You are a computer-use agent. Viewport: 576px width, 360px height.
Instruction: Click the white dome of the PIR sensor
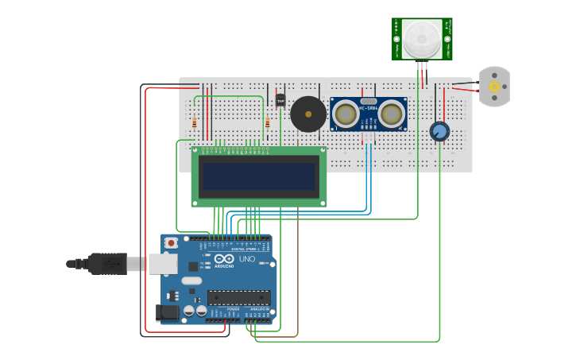click(x=421, y=38)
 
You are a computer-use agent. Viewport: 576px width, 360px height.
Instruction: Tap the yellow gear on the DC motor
click(x=494, y=87)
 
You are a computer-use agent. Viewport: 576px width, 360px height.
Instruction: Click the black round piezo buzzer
click(x=307, y=114)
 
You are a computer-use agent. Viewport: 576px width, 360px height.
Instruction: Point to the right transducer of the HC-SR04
click(x=391, y=114)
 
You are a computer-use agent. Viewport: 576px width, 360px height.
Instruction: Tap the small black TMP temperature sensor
click(x=280, y=100)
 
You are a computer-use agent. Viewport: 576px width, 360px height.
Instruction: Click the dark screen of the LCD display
click(x=258, y=176)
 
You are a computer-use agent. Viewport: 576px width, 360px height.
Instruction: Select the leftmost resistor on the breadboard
click(x=195, y=123)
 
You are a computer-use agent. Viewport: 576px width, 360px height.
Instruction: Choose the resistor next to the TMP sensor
click(x=268, y=123)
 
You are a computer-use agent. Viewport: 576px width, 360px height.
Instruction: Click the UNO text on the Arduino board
click(x=247, y=259)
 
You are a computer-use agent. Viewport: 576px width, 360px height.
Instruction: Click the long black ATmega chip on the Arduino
click(x=238, y=297)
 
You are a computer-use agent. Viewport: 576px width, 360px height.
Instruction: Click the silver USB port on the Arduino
click(x=163, y=264)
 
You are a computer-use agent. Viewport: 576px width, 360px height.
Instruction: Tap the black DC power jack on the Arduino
click(x=168, y=313)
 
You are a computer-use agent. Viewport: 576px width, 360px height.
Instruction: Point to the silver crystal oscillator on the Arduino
click(x=191, y=281)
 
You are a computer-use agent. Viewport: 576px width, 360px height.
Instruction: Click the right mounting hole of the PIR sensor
click(x=447, y=38)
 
